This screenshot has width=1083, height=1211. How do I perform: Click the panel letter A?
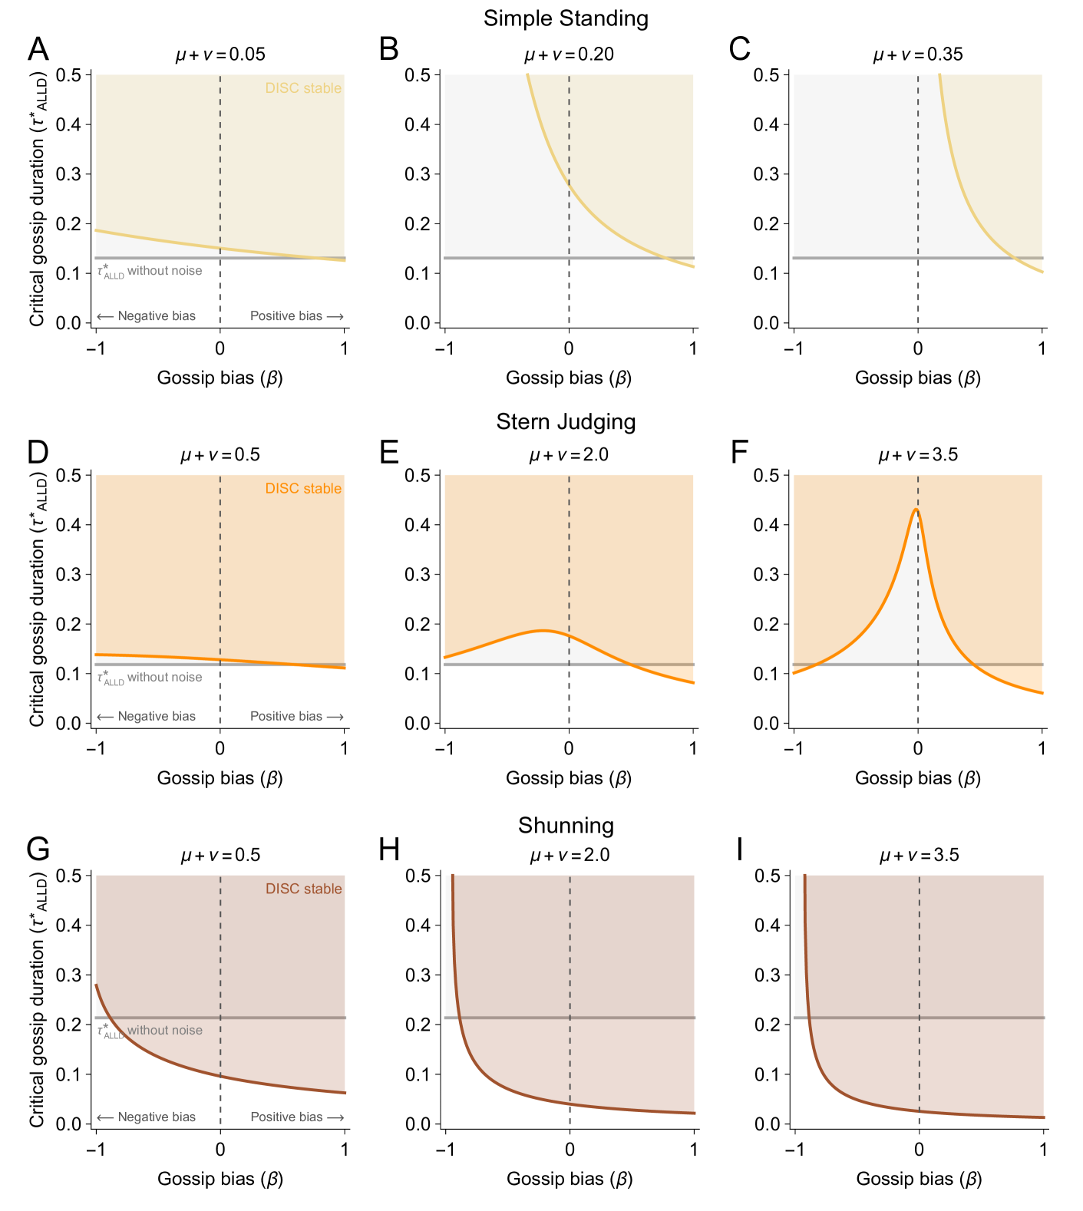point(38,49)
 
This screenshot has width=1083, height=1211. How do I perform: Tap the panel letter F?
point(739,452)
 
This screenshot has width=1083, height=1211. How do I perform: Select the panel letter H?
point(389,850)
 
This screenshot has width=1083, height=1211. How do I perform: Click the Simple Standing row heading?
point(566,18)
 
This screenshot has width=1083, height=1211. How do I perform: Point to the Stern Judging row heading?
point(566,422)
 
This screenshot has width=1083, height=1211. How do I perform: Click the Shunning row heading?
point(566,826)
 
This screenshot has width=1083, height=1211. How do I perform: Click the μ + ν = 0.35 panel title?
point(918,54)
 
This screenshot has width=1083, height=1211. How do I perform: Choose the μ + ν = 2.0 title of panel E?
point(569,455)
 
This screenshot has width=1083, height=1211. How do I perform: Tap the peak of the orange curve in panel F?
point(916,510)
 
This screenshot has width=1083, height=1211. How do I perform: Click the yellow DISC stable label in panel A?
point(303,88)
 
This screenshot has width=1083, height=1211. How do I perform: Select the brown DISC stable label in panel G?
point(303,889)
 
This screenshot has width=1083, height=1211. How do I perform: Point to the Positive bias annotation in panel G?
point(296,1117)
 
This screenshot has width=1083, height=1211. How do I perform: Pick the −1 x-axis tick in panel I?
point(794,1149)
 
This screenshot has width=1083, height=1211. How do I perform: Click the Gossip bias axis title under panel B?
point(569,378)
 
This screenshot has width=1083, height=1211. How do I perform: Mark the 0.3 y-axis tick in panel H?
point(418,975)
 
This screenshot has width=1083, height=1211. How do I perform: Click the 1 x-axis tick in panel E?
point(693,748)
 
